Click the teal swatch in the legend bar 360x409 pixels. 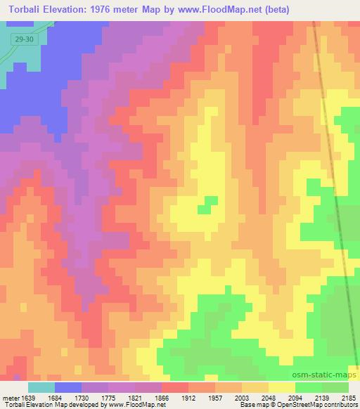click(x=41, y=387)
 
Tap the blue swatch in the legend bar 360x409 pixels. click(x=68, y=387)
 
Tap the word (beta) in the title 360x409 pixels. click(x=271, y=10)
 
